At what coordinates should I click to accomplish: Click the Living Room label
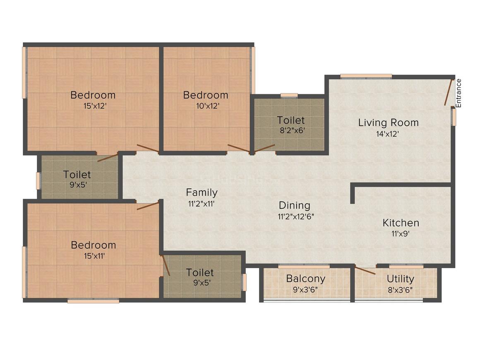point(388,122)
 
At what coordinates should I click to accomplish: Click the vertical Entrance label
point(458,93)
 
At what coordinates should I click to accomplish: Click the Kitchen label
point(401,223)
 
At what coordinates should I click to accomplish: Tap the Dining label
point(294,205)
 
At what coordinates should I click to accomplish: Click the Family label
point(202,192)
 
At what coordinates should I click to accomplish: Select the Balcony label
point(305,278)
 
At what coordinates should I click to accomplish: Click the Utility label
point(400,278)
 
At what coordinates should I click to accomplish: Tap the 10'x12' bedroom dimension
point(205,106)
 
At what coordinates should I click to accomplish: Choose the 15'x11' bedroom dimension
point(94,256)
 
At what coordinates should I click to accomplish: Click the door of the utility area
point(365,271)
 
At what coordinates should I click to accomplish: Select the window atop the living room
point(366,76)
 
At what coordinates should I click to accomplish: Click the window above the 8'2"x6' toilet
point(289,96)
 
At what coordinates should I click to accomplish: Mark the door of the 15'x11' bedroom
point(148,206)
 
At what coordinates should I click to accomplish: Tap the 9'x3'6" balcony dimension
point(305,289)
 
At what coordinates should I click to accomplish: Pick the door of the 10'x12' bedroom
point(238,149)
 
